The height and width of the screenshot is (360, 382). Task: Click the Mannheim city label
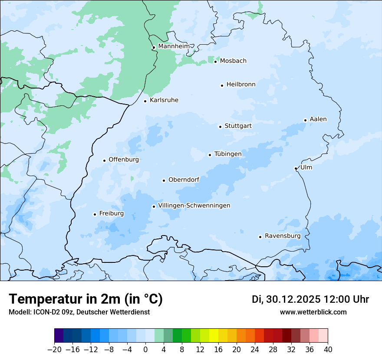[x=174, y=46]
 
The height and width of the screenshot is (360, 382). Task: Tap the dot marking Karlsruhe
[x=145, y=101]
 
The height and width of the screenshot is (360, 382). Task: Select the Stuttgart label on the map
[x=238, y=126]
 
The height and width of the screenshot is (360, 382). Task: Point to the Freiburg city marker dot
[x=95, y=214]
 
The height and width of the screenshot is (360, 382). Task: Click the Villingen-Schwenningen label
[x=194, y=206]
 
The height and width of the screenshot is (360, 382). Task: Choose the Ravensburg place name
[x=283, y=236]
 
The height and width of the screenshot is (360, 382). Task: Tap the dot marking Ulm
[x=296, y=168]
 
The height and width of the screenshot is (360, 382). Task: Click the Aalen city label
[x=318, y=119]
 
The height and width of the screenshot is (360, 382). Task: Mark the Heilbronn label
[x=241, y=85]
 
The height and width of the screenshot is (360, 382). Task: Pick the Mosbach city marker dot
[x=215, y=62]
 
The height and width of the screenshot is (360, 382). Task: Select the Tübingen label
[x=228, y=154]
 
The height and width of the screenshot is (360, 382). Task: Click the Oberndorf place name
[x=184, y=180]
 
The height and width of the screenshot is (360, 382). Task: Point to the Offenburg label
[x=124, y=160]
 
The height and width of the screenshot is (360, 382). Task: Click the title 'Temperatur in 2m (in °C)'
[x=86, y=299]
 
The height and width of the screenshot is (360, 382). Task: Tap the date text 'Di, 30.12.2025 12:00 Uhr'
[x=310, y=299]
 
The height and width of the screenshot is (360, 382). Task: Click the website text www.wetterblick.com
[x=313, y=312]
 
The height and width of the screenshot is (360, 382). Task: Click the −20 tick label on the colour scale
[x=54, y=349]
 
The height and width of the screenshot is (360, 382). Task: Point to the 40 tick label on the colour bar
[x=328, y=349]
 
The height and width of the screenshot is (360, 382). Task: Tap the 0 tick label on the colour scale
[x=145, y=349]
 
